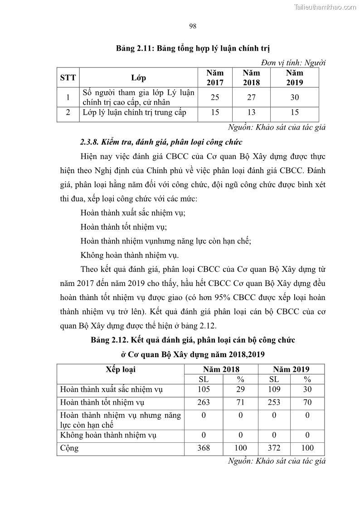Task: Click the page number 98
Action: tap(192, 26)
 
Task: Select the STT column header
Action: tap(68, 78)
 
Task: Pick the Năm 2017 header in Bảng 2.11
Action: tap(215, 78)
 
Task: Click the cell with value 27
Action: tap(251, 97)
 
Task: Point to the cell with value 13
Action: tap(251, 113)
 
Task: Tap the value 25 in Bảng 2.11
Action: tap(215, 97)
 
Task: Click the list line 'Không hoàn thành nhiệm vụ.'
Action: tap(129, 254)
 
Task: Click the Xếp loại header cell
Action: tap(121, 369)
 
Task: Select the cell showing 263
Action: tap(204, 402)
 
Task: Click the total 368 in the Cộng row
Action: tap(204, 448)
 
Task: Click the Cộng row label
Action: tap(69, 448)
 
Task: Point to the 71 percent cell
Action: tap(240, 402)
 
